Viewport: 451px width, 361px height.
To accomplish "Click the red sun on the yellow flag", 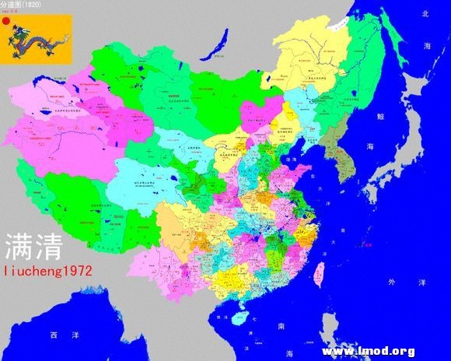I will pyautogui.click(x=8, y=23).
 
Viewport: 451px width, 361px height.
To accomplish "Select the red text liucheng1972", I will pyautogui.click(x=48, y=272).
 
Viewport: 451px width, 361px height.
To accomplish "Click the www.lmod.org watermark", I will pyautogui.click(x=367, y=351).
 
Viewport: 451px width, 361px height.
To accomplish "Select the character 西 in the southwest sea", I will pyautogui.click(x=53, y=335).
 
